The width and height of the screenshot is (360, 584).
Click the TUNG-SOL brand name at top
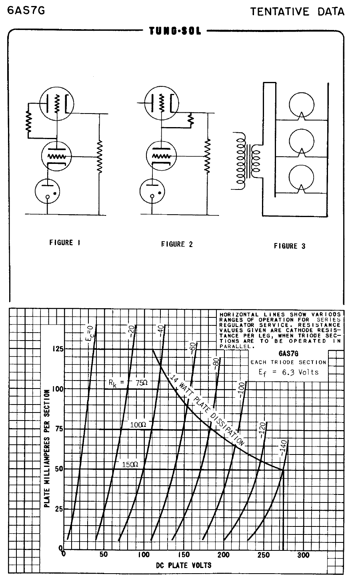pyautogui.click(x=175, y=31)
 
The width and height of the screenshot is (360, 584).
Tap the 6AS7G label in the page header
pyautogui.click(x=26, y=10)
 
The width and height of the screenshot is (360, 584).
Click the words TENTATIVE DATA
pyautogui.click(x=297, y=12)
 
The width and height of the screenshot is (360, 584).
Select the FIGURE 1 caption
pyautogui.click(x=65, y=243)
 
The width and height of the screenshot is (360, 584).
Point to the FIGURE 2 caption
pyautogui.click(x=177, y=244)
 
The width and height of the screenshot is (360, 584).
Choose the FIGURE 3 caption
pyautogui.click(x=290, y=246)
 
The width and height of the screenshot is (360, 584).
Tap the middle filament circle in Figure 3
pyautogui.click(x=302, y=142)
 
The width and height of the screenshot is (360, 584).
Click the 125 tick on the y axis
pyautogui.click(x=58, y=349)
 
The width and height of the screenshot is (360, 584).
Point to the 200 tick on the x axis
pyautogui.click(x=224, y=554)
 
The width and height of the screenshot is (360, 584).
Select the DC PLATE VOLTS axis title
pyautogui.click(x=184, y=565)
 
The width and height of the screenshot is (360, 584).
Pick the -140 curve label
pyautogui.click(x=283, y=448)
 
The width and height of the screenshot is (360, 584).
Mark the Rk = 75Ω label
pyautogui.click(x=128, y=383)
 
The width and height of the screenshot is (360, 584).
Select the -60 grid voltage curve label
pyautogui.click(x=192, y=348)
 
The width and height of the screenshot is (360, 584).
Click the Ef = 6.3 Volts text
pyautogui.click(x=288, y=372)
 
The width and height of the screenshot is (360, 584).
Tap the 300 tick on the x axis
pyautogui.click(x=303, y=555)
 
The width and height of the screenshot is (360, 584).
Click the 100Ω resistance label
pyautogui.click(x=138, y=425)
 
